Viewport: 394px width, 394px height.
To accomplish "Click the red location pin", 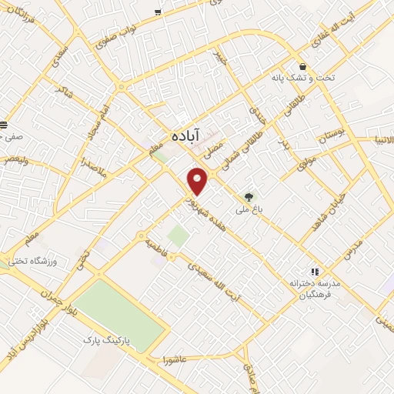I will click(x=199, y=181).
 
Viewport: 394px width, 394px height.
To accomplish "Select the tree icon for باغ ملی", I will click(x=248, y=196).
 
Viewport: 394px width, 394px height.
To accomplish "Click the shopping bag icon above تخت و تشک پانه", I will click(x=303, y=66).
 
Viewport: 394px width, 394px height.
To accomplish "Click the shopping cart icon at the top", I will click(x=158, y=12).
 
